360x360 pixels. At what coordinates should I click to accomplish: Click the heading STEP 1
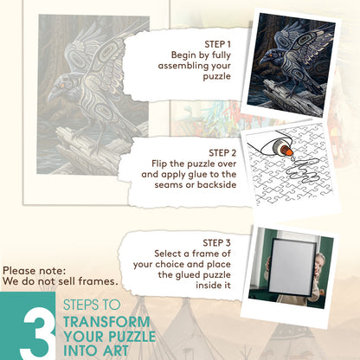point(217,44)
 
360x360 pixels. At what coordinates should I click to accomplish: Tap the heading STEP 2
point(222,153)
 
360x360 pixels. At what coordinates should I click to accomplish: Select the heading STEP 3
point(216,243)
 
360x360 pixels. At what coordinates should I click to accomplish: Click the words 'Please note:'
point(35,271)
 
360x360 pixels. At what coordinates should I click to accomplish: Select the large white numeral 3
point(38,334)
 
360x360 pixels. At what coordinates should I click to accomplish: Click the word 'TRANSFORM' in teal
point(106,322)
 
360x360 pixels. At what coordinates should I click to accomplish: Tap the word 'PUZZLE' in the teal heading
point(132,337)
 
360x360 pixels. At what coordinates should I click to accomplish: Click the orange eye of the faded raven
point(62,86)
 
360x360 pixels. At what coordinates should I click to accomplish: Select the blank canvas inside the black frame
point(291,267)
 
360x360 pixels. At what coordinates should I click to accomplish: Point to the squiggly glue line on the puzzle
point(301,170)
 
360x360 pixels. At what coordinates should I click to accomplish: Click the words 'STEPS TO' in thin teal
point(92,305)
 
